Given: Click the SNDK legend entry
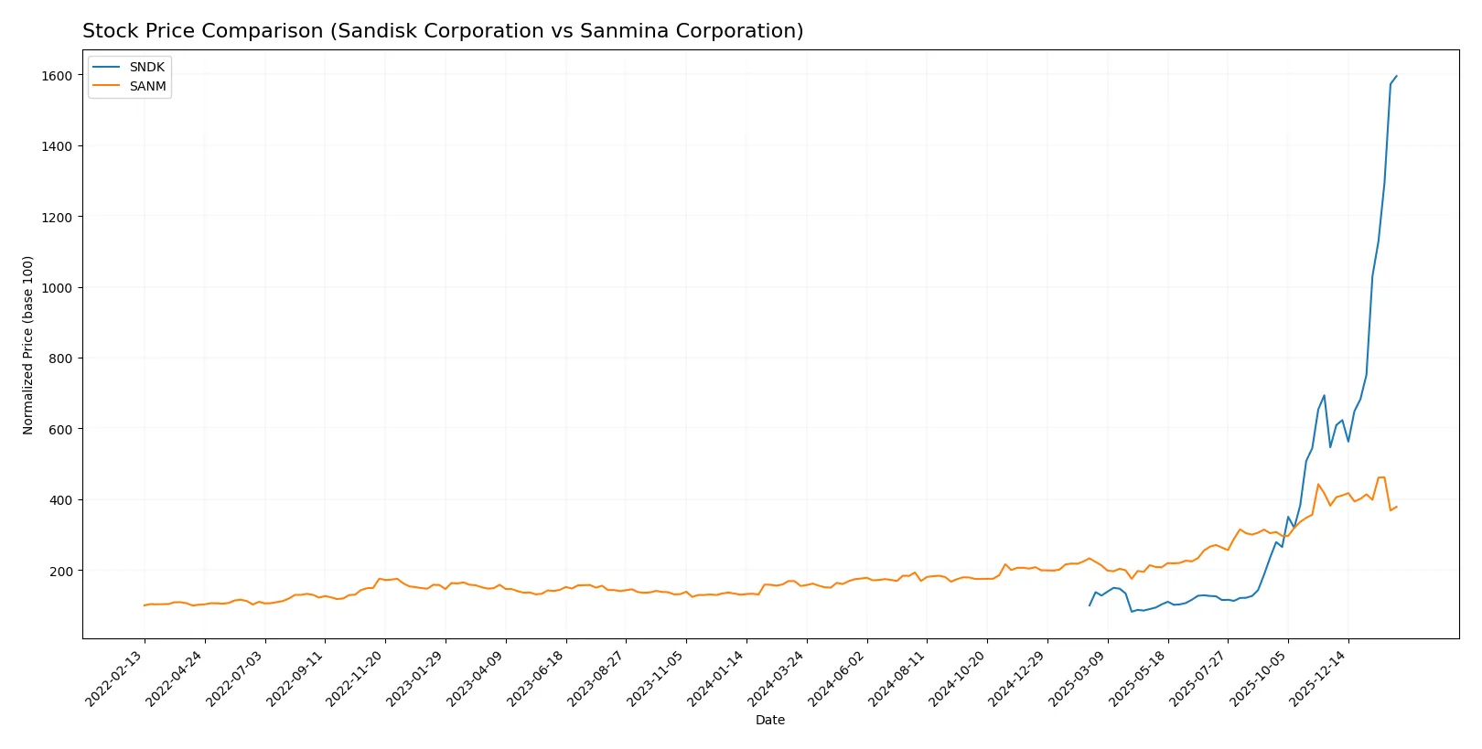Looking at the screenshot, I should click(x=146, y=67).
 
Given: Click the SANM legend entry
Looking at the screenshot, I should click(x=146, y=86).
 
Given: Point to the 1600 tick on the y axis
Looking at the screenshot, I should click(x=56, y=76).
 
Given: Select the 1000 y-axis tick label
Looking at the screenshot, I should click(x=56, y=288).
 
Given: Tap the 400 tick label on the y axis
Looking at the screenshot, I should click(x=59, y=500).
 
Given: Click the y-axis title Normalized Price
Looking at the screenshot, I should click(x=28, y=345).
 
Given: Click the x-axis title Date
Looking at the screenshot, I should click(x=769, y=720).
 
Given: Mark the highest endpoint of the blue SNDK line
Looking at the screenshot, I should click(x=1396, y=76).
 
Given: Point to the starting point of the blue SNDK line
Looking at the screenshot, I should click(x=1090, y=605).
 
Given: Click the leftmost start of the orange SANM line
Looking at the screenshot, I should click(x=144, y=605).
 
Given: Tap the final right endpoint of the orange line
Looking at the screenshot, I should click(x=1396, y=507).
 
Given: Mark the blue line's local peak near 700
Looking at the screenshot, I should click(x=1324, y=395).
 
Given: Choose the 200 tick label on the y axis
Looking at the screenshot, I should click(x=59, y=571).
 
